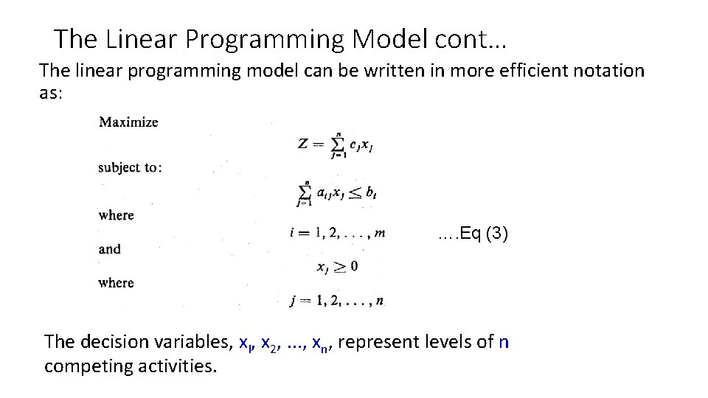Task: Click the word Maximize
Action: click(128, 122)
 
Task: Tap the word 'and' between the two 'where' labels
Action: click(110, 249)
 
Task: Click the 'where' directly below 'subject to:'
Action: click(117, 215)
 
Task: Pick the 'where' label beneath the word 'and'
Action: click(117, 282)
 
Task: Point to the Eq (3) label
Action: click(473, 235)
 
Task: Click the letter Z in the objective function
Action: click(303, 144)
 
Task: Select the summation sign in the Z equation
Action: click(338, 143)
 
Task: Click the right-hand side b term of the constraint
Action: click(372, 193)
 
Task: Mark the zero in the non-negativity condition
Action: click(354, 266)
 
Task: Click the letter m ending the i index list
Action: click(379, 234)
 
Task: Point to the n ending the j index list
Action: click(379, 300)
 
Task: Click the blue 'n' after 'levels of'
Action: click(504, 342)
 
